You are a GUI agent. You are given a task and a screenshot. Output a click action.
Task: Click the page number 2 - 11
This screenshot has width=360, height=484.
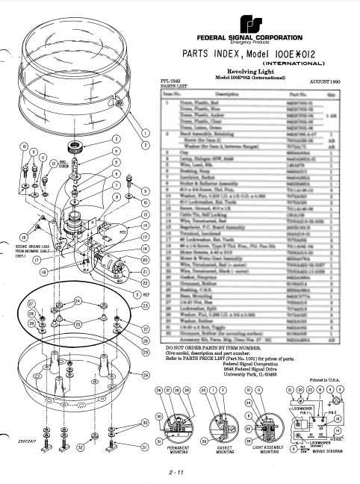(x=178, y=471)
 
